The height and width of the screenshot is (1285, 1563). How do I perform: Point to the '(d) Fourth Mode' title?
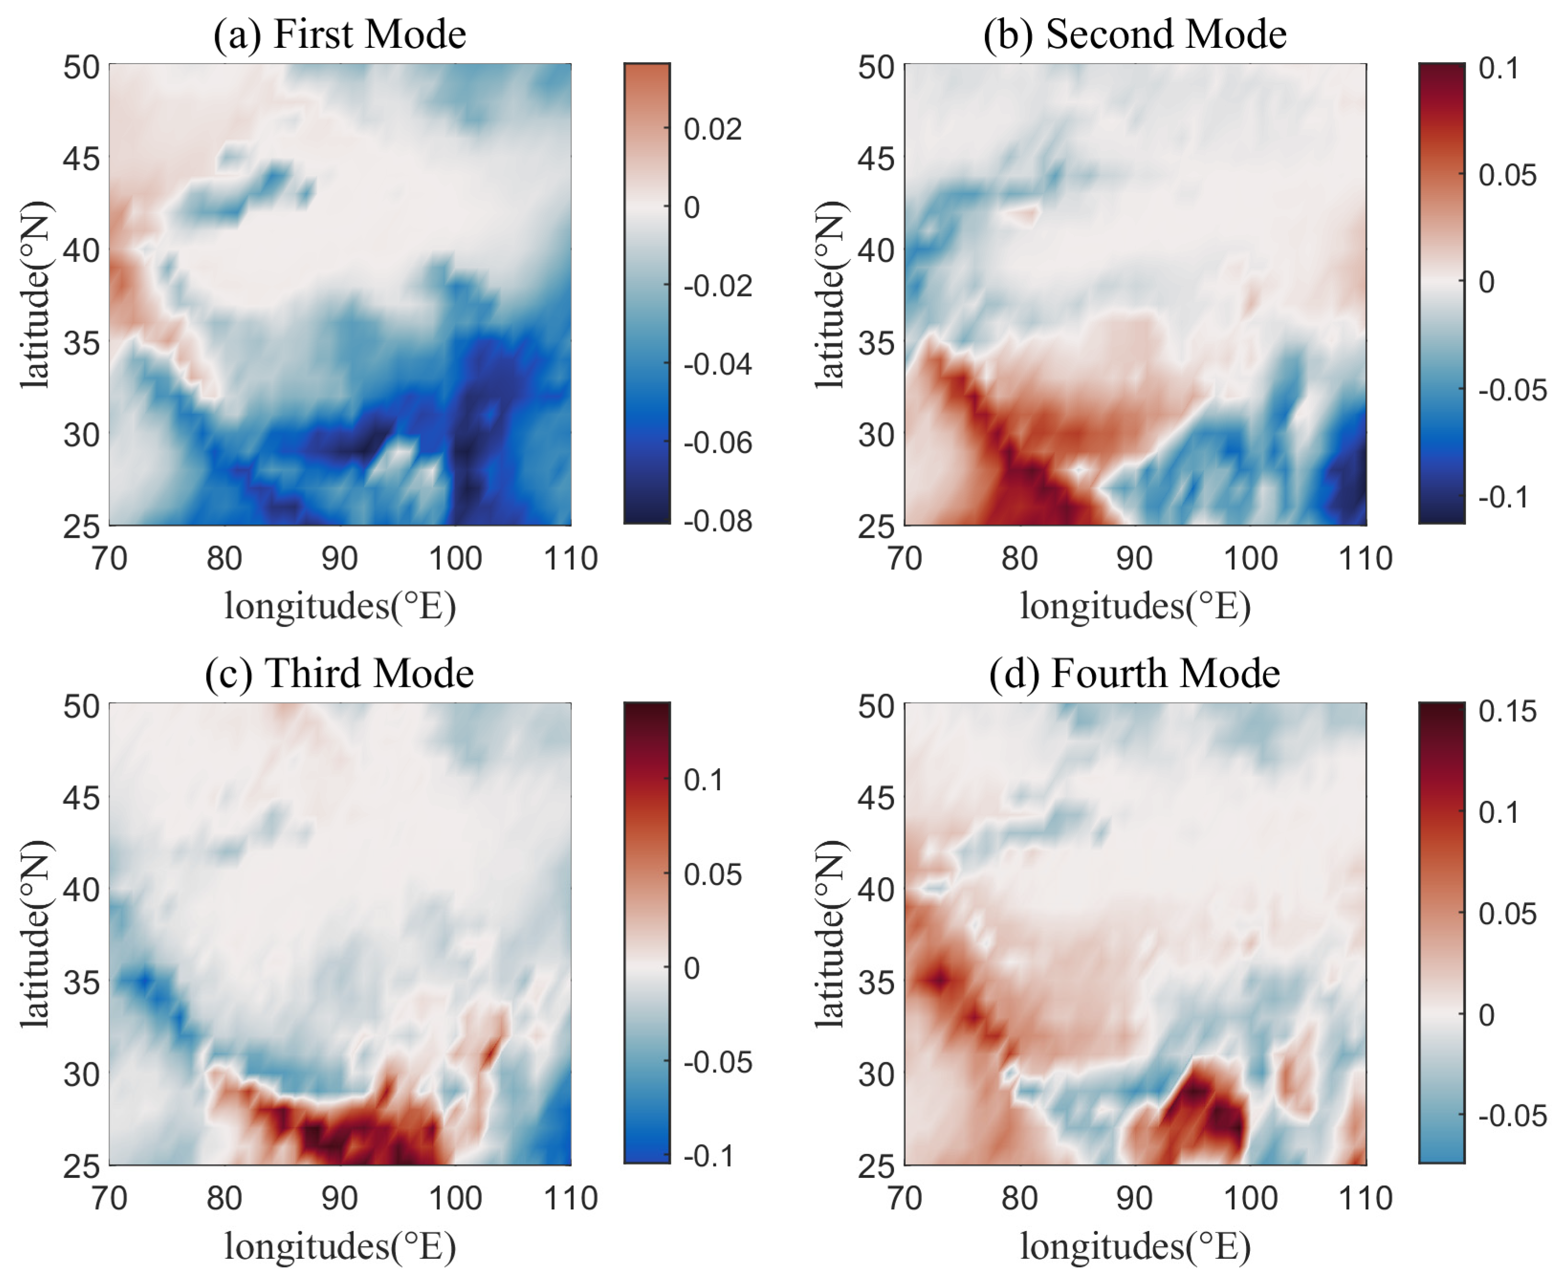click(x=1134, y=674)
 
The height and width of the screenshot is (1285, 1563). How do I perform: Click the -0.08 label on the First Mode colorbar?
click(x=717, y=521)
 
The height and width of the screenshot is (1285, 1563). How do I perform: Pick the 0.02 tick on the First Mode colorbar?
click(x=711, y=130)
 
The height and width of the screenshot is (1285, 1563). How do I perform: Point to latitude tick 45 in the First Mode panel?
click(x=81, y=158)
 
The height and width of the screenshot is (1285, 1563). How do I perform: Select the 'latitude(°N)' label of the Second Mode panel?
click(x=830, y=294)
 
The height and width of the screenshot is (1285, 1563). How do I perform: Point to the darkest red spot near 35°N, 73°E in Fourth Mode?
click(x=940, y=981)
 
